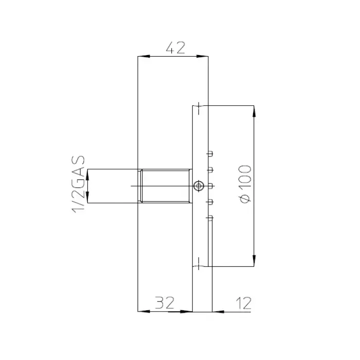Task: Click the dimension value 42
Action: pos(175,48)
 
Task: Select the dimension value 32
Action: pos(165,302)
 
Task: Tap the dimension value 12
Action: pos(244,303)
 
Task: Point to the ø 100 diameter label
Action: pos(245,184)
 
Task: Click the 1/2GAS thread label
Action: pos(78,184)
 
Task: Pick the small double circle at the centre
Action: pos(199,186)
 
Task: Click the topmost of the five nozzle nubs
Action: pos(210,154)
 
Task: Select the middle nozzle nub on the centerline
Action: pos(210,186)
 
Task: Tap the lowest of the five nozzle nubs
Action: pos(210,218)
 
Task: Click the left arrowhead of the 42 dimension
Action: pos(143,56)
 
